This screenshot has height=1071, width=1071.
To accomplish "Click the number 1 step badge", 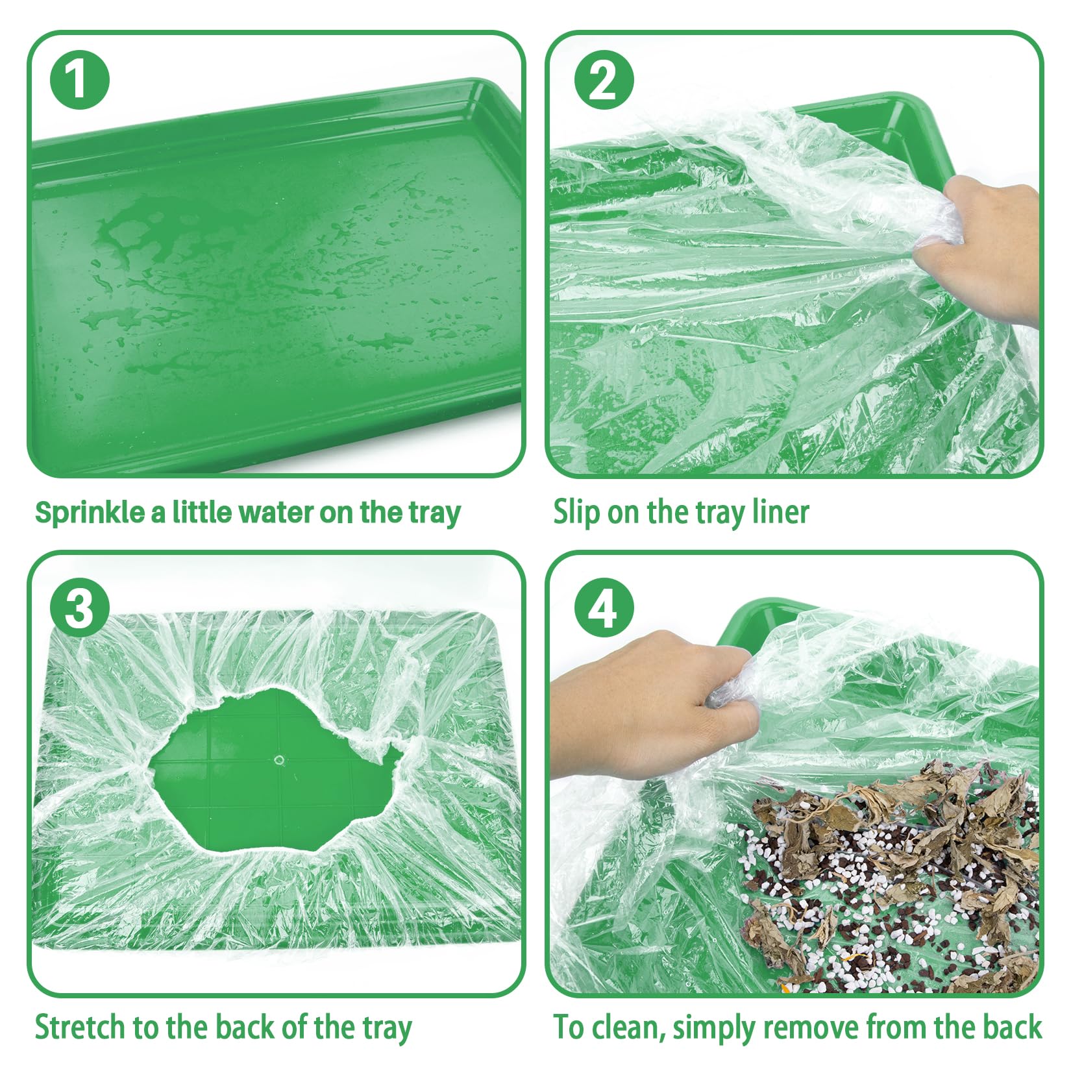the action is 79,80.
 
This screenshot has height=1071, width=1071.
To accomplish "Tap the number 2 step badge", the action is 604,80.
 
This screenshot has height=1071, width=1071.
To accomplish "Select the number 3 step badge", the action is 79,608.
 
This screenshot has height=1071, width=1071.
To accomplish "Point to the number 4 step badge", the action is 604,608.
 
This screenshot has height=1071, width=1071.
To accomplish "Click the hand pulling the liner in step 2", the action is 980,247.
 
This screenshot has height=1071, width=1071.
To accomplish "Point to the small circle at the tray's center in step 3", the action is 280,759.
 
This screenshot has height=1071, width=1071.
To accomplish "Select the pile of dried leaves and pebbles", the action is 889,876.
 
